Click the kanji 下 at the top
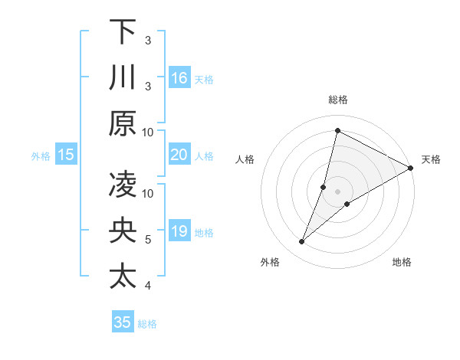(x=123, y=31)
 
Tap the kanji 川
(x=123, y=77)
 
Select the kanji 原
(x=123, y=123)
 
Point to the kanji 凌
(x=123, y=185)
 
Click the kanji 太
(x=123, y=277)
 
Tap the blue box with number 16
(x=179, y=77)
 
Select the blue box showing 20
(x=179, y=155)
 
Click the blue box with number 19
(x=179, y=231)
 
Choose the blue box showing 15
(x=66, y=155)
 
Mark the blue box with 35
(x=123, y=322)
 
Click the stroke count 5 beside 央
(x=148, y=240)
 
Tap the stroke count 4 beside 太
(x=148, y=286)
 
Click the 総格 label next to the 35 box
(x=147, y=324)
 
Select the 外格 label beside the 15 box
(x=41, y=156)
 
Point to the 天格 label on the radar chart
(x=431, y=159)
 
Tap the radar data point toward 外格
(x=302, y=242)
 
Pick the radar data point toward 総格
(x=337, y=131)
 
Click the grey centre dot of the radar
(x=337, y=191)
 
